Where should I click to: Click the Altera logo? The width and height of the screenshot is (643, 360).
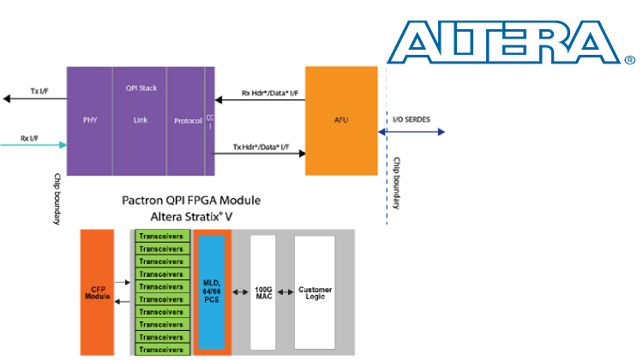[511, 44]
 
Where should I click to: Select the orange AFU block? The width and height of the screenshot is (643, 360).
[341, 121]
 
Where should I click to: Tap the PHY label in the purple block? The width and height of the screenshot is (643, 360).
[90, 121]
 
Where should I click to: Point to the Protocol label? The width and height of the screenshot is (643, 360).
[187, 121]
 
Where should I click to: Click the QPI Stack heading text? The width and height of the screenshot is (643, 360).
[141, 87]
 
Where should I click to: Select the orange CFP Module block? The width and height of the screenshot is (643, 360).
[97, 292]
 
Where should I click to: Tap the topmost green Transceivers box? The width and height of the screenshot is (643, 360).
[163, 236]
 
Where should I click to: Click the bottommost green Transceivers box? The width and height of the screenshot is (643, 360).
[163, 350]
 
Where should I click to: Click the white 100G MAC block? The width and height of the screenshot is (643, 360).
[262, 291]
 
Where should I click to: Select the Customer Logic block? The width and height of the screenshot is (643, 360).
[315, 291]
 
